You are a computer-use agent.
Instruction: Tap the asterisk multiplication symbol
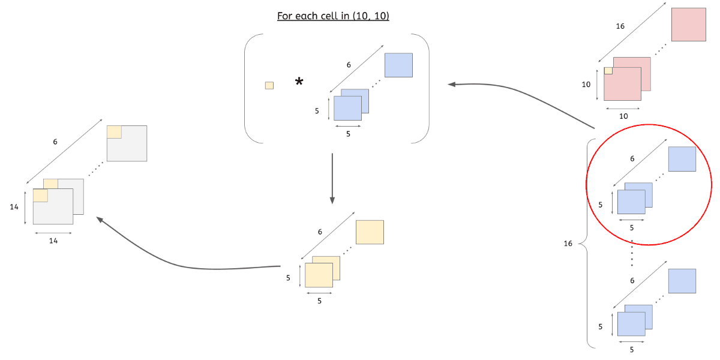[x=299, y=82]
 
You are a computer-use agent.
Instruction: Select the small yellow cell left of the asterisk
[x=269, y=85]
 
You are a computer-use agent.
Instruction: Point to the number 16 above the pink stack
[x=621, y=26]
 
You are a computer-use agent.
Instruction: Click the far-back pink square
[x=688, y=25]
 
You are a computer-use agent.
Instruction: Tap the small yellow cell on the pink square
[x=608, y=71]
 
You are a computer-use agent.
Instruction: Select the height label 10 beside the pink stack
[x=586, y=85]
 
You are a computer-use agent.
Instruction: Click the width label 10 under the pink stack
[x=623, y=116]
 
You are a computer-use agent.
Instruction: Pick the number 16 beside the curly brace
[x=568, y=244]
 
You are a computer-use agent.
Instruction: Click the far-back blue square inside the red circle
[x=682, y=159]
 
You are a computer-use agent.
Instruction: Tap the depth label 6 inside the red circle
[x=632, y=159]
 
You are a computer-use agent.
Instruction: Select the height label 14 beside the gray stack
[x=14, y=207]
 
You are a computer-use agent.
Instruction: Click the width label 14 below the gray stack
[x=53, y=241]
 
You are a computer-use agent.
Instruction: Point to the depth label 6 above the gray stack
[x=55, y=142]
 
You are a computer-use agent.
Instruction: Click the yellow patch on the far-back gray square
[x=114, y=132]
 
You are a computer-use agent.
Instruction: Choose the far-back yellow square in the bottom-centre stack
[x=370, y=232]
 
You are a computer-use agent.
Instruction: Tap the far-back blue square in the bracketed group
[x=398, y=65]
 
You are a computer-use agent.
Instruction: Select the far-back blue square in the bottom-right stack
[x=682, y=281]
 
